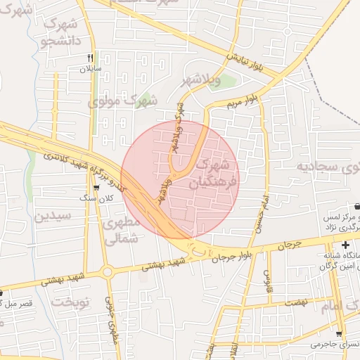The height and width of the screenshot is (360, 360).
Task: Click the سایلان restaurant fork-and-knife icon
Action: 90,58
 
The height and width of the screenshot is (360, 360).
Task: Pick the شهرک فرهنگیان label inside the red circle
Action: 213,176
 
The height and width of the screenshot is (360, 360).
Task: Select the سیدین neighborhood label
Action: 53,215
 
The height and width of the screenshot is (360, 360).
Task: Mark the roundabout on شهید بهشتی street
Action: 107,271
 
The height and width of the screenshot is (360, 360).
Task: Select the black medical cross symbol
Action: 345,245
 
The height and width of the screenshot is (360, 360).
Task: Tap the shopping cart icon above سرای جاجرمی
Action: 339,333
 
